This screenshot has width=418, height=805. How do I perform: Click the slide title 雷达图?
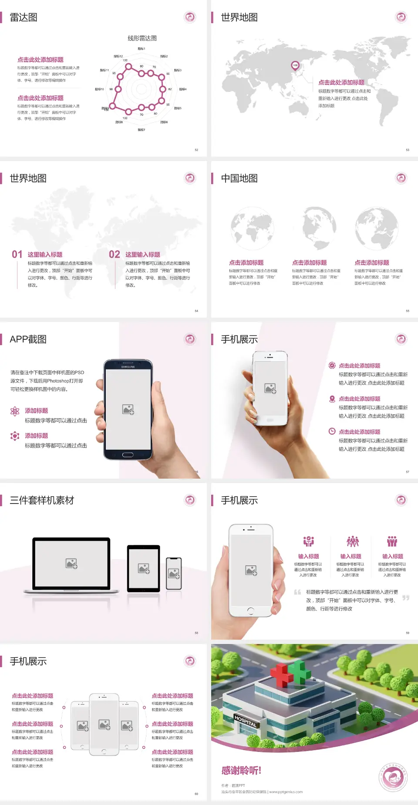click(x=24, y=17)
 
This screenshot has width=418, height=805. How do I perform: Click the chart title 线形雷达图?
click(x=142, y=38)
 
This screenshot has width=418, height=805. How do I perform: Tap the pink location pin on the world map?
click(x=295, y=66)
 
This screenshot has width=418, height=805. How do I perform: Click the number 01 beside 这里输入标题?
click(x=17, y=255)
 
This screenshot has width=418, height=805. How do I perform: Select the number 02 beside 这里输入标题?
click(x=115, y=255)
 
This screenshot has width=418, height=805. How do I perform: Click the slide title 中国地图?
click(x=239, y=178)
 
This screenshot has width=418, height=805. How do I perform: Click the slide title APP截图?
click(x=28, y=339)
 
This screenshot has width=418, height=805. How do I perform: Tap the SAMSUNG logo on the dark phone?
click(x=128, y=367)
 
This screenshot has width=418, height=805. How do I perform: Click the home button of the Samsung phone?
click(x=128, y=455)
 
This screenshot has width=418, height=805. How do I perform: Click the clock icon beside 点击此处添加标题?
click(x=332, y=431)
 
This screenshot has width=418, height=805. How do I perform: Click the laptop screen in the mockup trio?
click(x=71, y=563)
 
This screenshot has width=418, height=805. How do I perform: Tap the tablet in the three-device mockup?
click(x=143, y=568)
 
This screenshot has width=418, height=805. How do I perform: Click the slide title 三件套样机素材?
click(x=42, y=500)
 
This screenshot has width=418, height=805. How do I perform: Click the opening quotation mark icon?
click(x=297, y=592)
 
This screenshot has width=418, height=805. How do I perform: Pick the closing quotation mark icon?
click(x=406, y=598)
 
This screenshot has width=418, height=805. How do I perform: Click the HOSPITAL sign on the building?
click(x=246, y=721)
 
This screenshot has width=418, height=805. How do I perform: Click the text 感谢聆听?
click(x=241, y=771)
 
